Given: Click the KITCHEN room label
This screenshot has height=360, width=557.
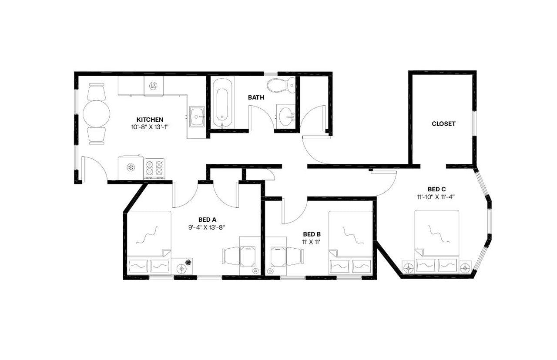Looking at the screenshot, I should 150,120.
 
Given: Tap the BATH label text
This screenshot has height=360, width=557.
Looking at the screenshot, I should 256,97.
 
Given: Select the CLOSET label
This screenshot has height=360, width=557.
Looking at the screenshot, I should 443,123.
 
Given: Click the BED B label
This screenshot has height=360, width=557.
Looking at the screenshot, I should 312,234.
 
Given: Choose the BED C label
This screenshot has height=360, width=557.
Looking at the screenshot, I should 436,189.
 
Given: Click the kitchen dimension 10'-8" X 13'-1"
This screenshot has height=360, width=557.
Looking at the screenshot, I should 150,127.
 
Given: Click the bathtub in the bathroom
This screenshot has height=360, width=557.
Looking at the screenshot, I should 222,104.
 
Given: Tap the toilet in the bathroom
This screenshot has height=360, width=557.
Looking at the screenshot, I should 276,85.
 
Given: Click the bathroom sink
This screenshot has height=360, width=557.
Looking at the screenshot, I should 286,116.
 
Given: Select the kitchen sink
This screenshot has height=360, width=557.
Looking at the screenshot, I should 197,117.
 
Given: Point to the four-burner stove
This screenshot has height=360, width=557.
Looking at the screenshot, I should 154,168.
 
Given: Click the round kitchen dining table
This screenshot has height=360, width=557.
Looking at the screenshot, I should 96,114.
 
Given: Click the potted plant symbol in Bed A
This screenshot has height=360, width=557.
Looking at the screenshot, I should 188,262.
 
